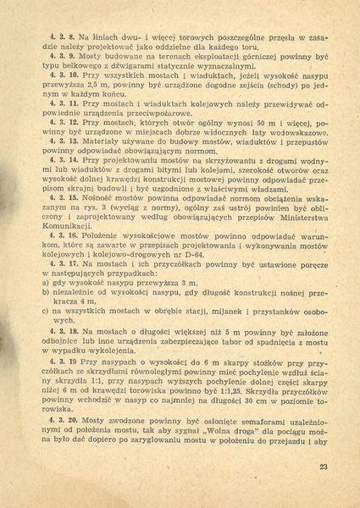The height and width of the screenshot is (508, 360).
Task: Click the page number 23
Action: tap(323, 467)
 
